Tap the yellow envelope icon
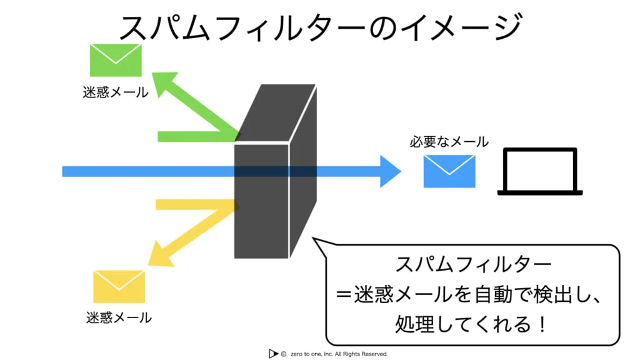tap(119, 286)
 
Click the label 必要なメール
tap(449, 142)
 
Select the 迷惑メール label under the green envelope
tap(116, 92)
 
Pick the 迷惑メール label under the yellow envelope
tap(119, 317)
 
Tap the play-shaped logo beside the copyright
tap(272, 354)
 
